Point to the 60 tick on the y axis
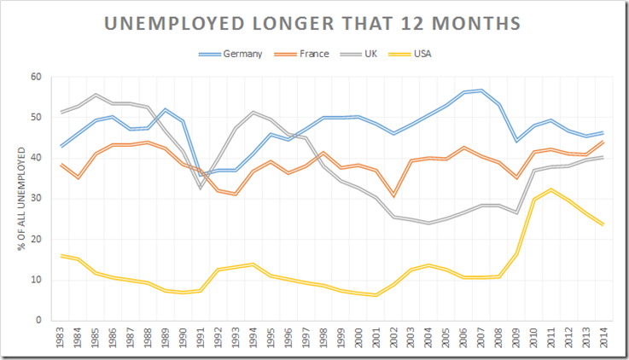pyautogui.click(x=35, y=77)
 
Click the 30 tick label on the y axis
pyautogui.click(x=35, y=199)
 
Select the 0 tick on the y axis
pyautogui.click(x=38, y=321)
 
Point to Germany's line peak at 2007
pyautogui.click(x=482, y=90)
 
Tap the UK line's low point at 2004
pyautogui.click(x=428, y=223)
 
